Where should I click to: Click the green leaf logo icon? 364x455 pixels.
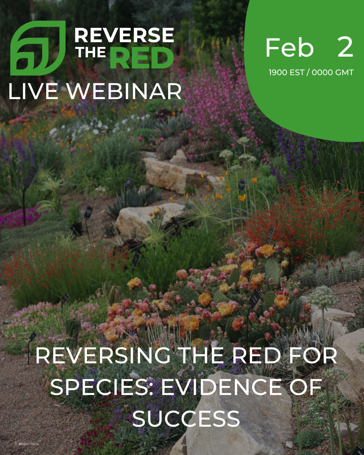pyautogui.click(x=38, y=48)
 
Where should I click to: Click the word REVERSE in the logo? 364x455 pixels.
pyautogui.click(x=124, y=35)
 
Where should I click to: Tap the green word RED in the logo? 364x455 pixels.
pyautogui.click(x=142, y=58)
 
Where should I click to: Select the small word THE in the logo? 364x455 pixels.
pyautogui.click(x=91, y=53)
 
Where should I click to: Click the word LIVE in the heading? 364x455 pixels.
pyautogui.click(x=33, y=91)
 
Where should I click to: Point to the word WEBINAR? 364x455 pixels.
pyautogui.click(x=124, y=91)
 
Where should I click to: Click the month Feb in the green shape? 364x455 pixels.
pyautogui.click(x=289, y=48)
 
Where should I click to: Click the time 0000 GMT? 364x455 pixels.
pyautogui.click(x=333, y=72)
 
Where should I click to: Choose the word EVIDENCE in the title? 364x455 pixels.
pyautogui.click(x=221, y=387)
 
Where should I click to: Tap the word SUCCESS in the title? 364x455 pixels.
pyautogui.click(x=186, y=419)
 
